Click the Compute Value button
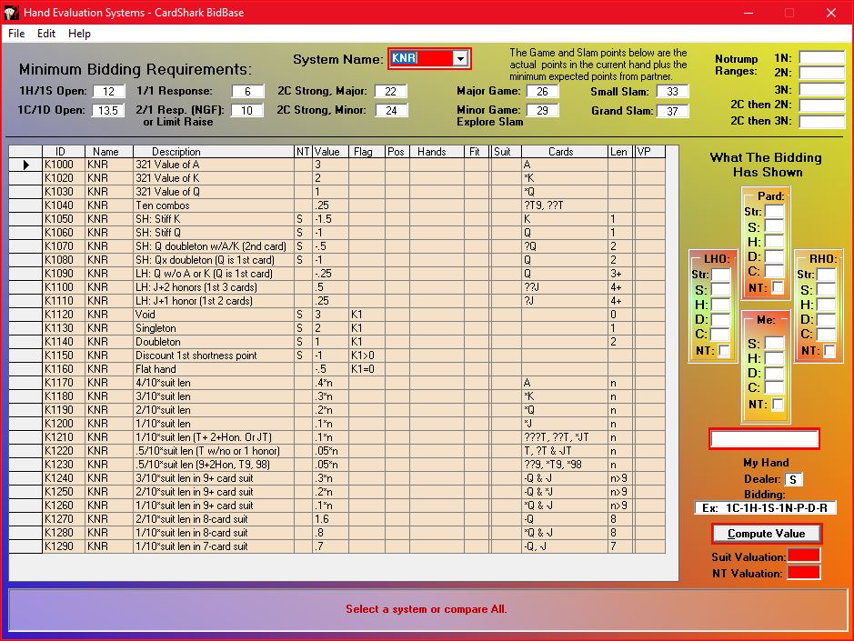(x=766, y=534)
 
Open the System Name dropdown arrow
(x=461, y=59)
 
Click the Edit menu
(x=46, y=34)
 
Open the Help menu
(x=80, y=34)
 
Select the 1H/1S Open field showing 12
(x=108, y=92)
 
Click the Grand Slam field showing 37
(x=673, y=112)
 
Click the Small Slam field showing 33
(x=673, y=92)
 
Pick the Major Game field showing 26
(x=542, y=92)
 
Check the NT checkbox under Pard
(x=779, y=288)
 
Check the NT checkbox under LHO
(x=724, y=351)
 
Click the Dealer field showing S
(x=795, y=479)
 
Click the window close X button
(x=831, y=13)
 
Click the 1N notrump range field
(x=822, y=57)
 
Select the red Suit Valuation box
(x=804, y=556)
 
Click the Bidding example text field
(x=766, y=508)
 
